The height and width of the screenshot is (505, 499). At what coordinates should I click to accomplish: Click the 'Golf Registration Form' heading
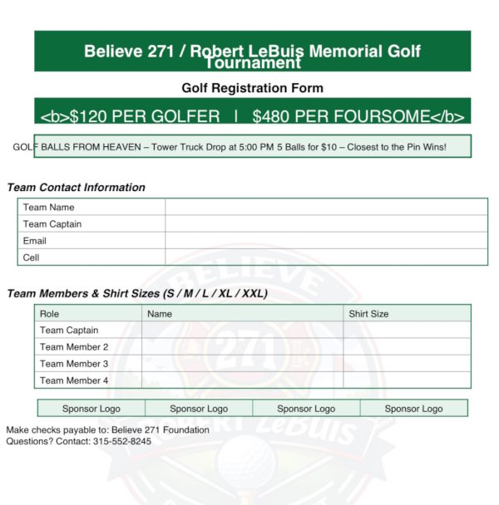point(252,88)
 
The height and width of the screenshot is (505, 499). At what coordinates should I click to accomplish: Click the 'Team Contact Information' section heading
point(76,188)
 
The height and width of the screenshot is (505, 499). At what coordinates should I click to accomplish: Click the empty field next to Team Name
point(326,208)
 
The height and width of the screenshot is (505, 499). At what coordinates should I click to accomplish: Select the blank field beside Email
point(326,241)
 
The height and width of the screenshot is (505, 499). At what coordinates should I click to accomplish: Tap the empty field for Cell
point(326,257)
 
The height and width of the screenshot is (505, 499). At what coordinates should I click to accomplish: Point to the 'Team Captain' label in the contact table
point(52,224)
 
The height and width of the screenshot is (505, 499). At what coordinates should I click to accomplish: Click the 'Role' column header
point(50,314)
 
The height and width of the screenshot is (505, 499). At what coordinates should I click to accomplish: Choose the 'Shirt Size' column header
point(368,314)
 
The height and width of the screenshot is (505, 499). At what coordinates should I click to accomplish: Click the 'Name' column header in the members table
point(160,314)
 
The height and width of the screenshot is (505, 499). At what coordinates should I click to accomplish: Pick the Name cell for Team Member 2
point(242,347)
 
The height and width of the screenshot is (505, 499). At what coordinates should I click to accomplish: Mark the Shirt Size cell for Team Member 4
point(407,380)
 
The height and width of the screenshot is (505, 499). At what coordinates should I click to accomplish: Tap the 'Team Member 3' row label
point(74,364)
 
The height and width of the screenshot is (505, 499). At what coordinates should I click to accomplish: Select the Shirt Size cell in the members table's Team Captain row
point(407,331)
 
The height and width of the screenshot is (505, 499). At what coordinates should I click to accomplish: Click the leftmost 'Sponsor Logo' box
point(91,409)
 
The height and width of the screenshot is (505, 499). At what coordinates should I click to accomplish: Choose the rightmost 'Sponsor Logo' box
point(413,409)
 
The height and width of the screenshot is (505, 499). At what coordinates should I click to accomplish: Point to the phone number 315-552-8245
point(121,441)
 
